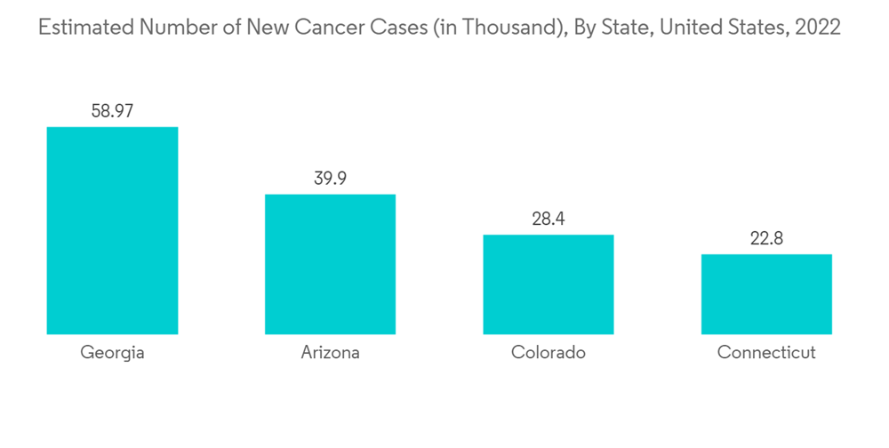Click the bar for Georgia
pos(112,230)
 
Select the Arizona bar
pos(330,264)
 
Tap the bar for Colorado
pos(549,284)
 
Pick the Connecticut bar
pos(766,294)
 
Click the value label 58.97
pos(112,111)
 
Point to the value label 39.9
pos(330,179)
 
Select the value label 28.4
pos(549,219)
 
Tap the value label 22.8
pos(766,238)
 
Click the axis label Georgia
pos(112,353)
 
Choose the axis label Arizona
pos(330,353)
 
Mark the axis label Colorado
pos(549,353)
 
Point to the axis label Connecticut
pos(766,353)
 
